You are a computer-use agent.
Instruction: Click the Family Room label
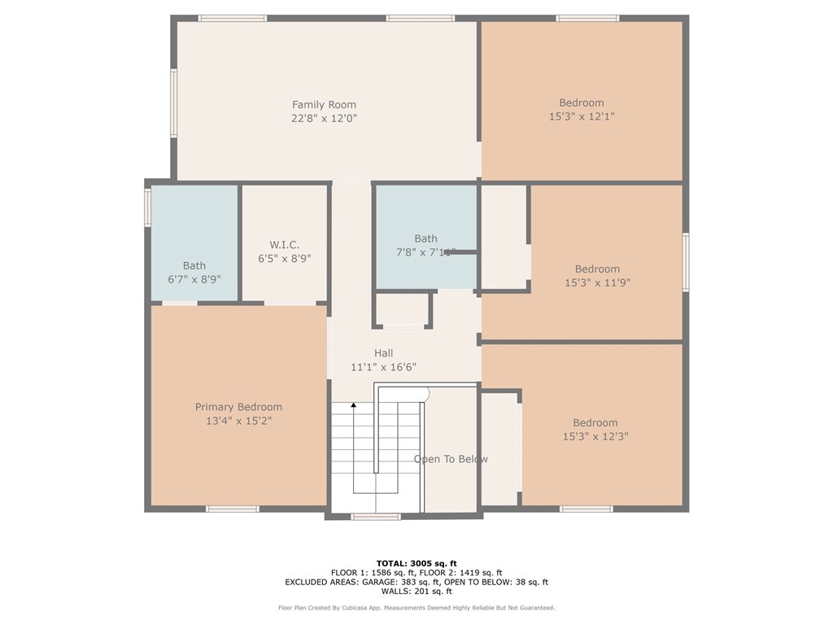[324, 104]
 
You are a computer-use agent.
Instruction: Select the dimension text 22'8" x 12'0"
[324, 118]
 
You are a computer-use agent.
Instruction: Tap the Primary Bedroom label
[238, 407]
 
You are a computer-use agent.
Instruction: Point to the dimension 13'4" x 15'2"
[238, 421]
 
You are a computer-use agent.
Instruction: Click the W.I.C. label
[285, 244]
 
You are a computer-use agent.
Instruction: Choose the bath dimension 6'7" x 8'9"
[194, 278]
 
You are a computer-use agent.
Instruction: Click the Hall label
[383, 353]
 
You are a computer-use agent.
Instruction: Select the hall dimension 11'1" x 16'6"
[383, 367]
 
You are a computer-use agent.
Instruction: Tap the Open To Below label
[451, 459]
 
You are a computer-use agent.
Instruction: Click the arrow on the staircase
[354, 405]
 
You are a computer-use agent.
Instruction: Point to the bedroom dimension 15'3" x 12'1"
[581, 116]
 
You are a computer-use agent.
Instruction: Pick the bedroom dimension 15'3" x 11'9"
[597, 282]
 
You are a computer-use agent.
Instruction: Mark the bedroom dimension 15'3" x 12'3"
[595, 436]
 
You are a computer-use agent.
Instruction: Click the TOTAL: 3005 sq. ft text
[416, 563]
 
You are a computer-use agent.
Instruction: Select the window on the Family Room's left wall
[173, 103]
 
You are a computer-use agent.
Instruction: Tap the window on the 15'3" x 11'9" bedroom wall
[686, 262]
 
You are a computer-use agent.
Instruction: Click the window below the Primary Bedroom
[232, 509]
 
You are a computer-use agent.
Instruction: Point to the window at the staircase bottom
[376, 516]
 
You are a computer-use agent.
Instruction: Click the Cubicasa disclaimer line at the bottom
[416, 608]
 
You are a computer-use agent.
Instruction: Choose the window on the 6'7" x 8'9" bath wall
[148, 206]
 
